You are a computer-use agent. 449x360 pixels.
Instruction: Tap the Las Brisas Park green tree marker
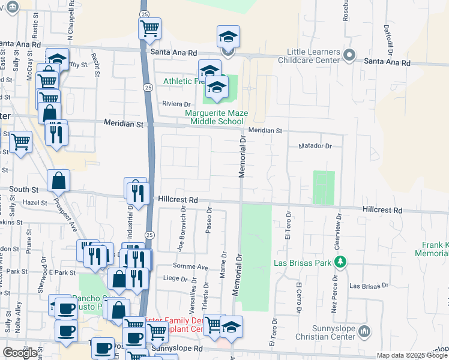(340, 262)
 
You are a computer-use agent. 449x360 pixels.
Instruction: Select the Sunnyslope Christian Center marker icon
(364, 331)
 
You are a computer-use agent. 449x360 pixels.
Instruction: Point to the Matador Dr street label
(315, 146)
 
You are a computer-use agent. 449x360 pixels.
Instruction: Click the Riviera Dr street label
(176, 103)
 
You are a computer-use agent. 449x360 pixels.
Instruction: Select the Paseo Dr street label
(209, 222)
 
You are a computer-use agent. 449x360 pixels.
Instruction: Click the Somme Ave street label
(193, 266)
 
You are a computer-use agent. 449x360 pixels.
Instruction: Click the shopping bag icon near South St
(59, 179)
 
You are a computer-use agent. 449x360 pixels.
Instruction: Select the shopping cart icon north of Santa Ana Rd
(149, 27)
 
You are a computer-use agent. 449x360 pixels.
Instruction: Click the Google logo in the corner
(20, 352)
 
